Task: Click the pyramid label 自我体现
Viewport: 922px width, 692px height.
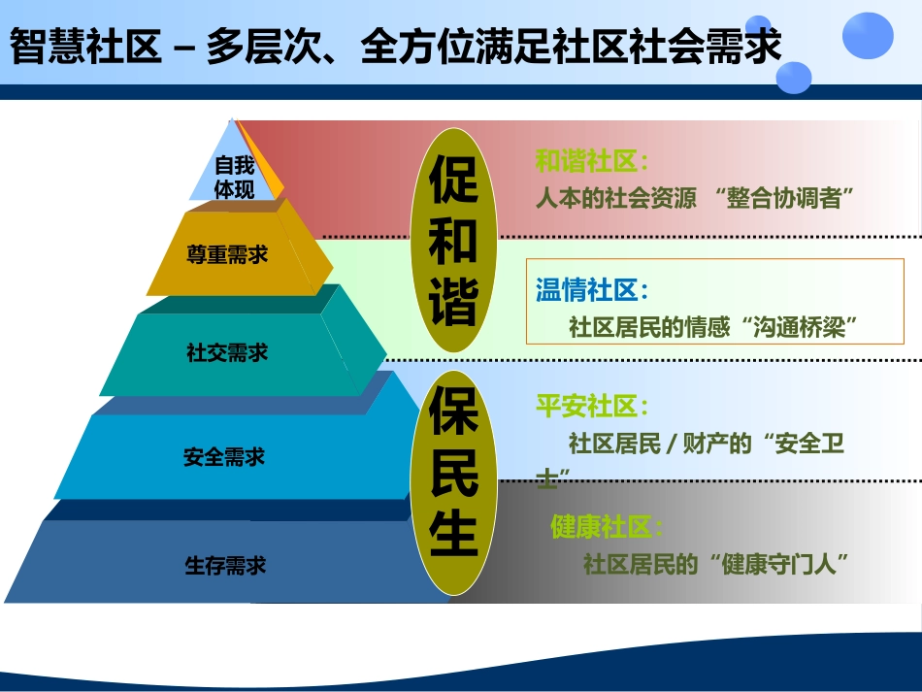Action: coord(234,178)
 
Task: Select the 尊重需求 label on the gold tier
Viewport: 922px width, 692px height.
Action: coord(227,255)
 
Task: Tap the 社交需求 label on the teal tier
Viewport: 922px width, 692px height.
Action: coord(227,353)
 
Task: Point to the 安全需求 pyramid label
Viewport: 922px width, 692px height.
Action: coord(224,456)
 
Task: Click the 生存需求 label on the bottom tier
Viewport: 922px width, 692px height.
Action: coord(225,565)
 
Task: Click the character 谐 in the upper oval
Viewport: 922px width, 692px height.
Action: coord(453,301)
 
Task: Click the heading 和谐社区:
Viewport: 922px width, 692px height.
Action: coord(592,161)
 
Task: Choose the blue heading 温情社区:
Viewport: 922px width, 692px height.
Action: coord(592,289)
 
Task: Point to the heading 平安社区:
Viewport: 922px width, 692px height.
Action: coord(592,406)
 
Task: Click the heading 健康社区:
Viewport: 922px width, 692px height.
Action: coord(608,528)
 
